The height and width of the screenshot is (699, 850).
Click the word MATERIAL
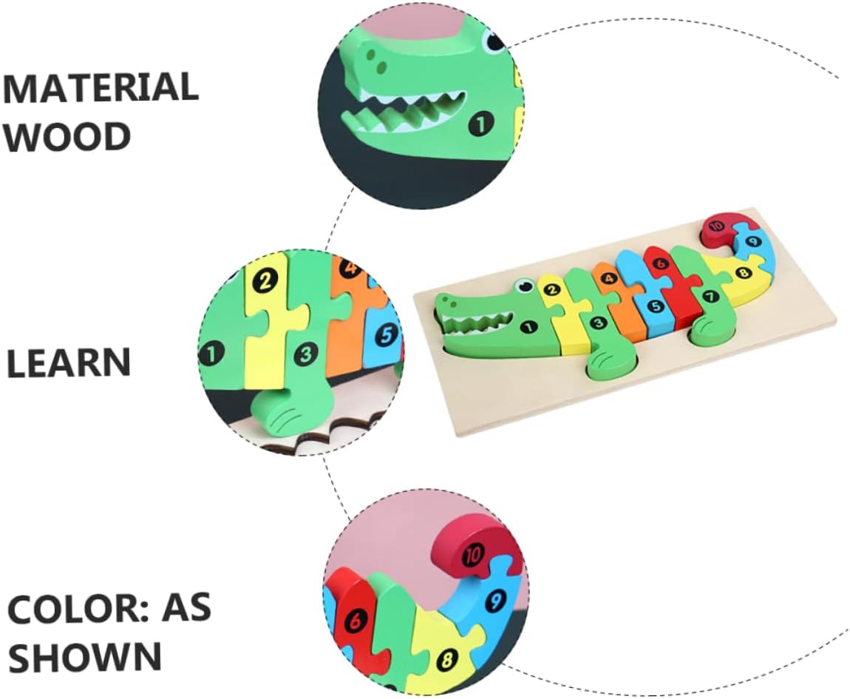101,88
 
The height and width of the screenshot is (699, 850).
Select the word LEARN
69,363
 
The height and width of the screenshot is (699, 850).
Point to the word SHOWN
85,656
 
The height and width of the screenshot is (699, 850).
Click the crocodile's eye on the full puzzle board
524,284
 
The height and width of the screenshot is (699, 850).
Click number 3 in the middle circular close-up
305,355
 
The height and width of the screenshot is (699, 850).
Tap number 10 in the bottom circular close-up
472,554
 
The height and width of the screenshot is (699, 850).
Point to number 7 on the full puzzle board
710,297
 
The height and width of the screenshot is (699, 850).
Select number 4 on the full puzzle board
609,279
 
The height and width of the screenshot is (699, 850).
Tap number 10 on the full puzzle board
715,226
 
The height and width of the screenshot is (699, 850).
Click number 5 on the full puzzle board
653,305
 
